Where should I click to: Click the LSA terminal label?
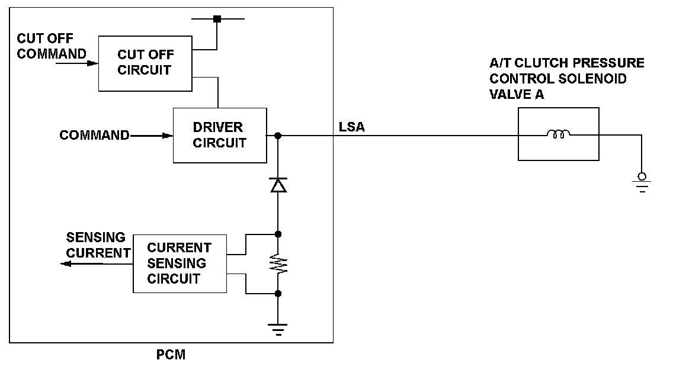pyautogui.click(x=351, y=127)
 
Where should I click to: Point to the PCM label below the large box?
pyautogui.click(x=171, y=355)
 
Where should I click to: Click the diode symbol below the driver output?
pyautogui.click(x=278, y=185)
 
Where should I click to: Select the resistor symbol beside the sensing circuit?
pyautogui.click(x=278, y=263)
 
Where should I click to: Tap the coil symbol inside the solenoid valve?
pyautogui.click(x=559, y=134)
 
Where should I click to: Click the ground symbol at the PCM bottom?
pyautogui.click(x=278, y=329)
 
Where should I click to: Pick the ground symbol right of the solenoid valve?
pyautogui.click(x=642, y=182)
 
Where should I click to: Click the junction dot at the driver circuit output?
pyautogui.click(x=278, y=136)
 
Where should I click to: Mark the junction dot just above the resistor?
pyautogui.click(x=278, y=234)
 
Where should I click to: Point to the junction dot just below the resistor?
pyautogui.click(x=278, y=294)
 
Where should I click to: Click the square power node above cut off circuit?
pyautogui.click(x=217, y=19)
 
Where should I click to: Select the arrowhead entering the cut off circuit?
pyautogui.click(x=92, y=63)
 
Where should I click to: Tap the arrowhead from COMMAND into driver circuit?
pyautogui.click(x=168, y=136)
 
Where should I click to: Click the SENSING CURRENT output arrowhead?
pyautogui.click(x=66, y=263)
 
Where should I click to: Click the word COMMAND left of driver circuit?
pyautogui.click(x=94, y=135)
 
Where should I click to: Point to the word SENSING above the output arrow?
pyautogui.click(x=96, y=237)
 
